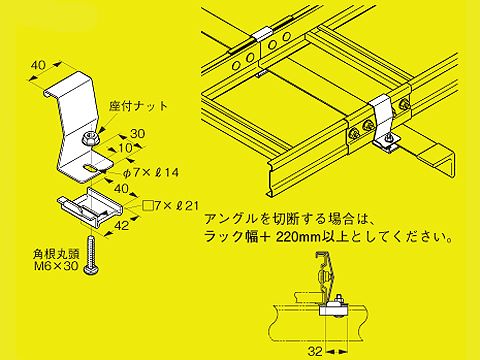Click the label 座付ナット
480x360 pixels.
tap(138, 106)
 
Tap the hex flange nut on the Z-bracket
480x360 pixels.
tap(89, 138)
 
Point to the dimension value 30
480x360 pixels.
tap(137, 133)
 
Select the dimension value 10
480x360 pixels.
tap(126, 148)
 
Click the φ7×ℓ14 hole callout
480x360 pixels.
tap(150, 172)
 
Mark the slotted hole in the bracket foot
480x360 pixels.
tap(91, 168)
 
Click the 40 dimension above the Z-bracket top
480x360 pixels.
tap(38, 65)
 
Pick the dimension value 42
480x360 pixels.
tap(121, 225)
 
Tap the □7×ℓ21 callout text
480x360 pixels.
tap(170, 206)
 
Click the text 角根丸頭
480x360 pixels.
tap(56, 255)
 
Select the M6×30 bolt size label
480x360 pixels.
tap(56, 266)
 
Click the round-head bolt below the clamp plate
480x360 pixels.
tap(91, 255)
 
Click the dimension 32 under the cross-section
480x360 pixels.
tap(315, 351)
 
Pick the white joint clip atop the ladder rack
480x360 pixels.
tap(261, 35)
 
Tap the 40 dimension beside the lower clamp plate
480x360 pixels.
tap(121, 189)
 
